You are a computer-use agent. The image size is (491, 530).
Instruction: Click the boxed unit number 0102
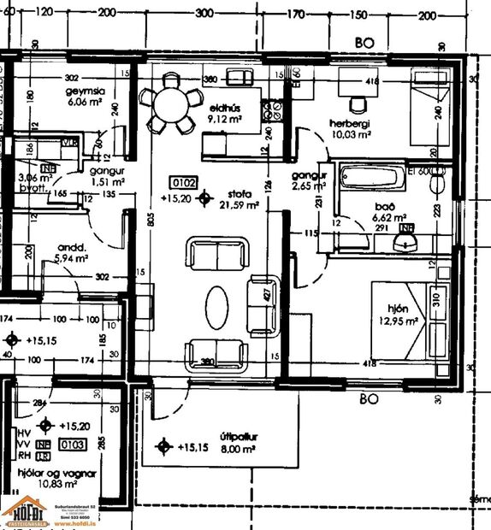pyautogui.click(x=185, y=182)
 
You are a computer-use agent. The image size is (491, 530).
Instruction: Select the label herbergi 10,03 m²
pyautogui.click(x=350, y=128)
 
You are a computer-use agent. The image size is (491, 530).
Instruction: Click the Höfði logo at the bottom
pyautogui.click(x=27, y=513)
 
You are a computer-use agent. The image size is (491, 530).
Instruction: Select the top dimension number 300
pyautogui.click(x=204, y=14)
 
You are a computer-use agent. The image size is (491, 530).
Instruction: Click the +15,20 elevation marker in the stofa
pyautogui.click(x=204, y=200)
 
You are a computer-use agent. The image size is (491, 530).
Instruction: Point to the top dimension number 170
pyautogui.click(x=295, y=14)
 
